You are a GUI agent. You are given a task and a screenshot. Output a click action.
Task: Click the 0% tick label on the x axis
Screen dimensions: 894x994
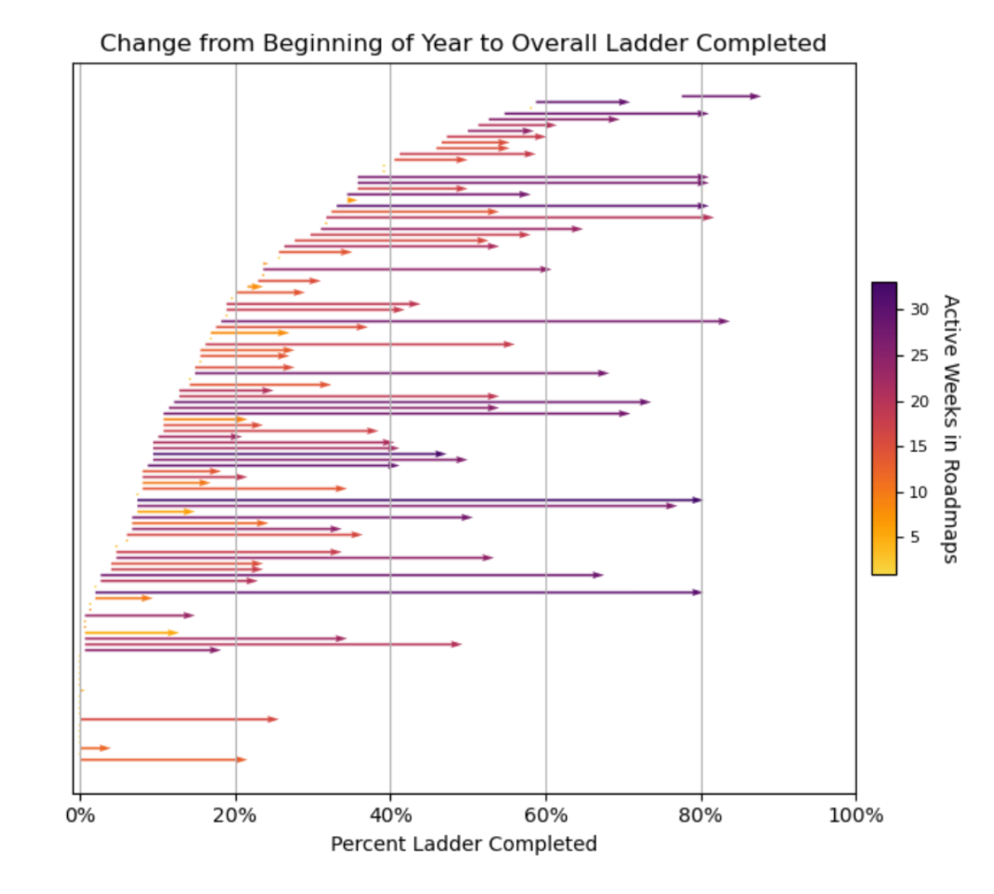(80, 815)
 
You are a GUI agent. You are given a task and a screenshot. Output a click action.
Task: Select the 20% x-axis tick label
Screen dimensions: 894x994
(234, 815)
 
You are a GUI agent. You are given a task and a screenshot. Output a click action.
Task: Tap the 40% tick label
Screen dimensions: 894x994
(390, 815)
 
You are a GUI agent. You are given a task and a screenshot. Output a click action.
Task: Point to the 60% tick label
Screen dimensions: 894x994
(546, 815)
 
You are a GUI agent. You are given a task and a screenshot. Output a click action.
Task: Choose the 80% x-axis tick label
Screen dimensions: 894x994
(701, 815)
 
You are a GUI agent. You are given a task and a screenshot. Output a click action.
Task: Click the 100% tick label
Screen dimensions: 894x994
(856, 815)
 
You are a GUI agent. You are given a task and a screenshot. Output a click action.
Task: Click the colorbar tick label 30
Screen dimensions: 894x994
(919, 310)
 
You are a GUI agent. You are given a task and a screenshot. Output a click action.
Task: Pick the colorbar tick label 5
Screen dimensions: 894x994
(915, 537)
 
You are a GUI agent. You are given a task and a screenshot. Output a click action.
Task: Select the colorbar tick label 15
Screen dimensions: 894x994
(919, 446)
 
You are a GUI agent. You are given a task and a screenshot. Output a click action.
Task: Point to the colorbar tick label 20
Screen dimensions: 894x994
(919, 401)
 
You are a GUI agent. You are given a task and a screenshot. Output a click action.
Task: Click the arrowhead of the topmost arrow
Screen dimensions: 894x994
(755, 96)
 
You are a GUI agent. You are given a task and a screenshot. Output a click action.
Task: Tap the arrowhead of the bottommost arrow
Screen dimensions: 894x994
(241, 759)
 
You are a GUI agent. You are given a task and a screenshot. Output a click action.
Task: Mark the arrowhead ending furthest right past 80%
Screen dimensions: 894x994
(755, 96)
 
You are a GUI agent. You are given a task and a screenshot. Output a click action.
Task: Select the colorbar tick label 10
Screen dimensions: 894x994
(919, 493)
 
